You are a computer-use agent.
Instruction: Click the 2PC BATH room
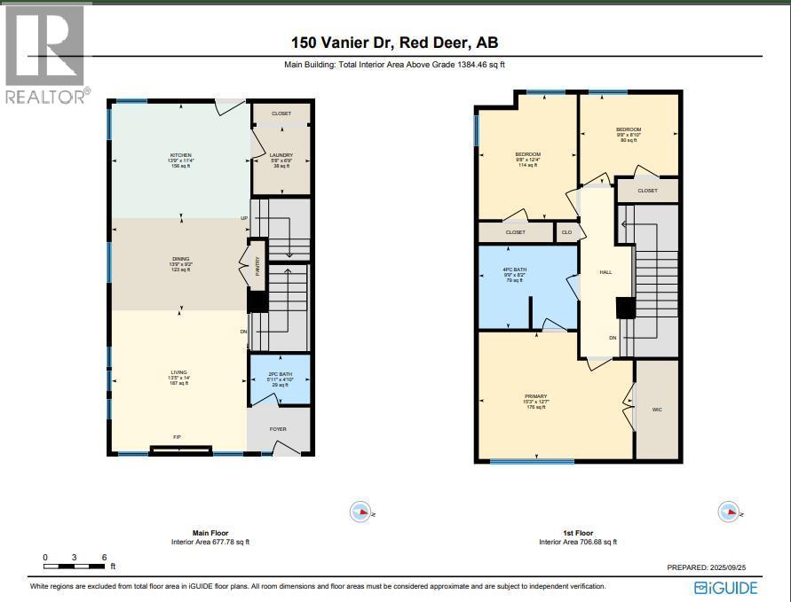pyautogui.click(x=279, y=379)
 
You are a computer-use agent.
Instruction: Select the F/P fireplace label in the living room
pyautogui.click(x=178, y=437)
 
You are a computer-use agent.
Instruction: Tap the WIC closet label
pyautogui.click(x=657, y=409)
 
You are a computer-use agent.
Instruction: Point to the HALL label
pyautogui.click(x=605, y=273)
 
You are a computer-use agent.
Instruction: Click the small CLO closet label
pyautogui.click(x=567, y=232)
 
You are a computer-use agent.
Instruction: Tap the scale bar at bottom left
pyautogui.click(x=75, y=565)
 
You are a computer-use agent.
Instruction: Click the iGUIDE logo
pyautogui.click(x=726, y=587)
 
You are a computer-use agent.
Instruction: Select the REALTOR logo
pyautogui.click(x=45, y=54)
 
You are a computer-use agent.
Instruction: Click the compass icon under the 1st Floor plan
pyautogui.click(x=729, y=512)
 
